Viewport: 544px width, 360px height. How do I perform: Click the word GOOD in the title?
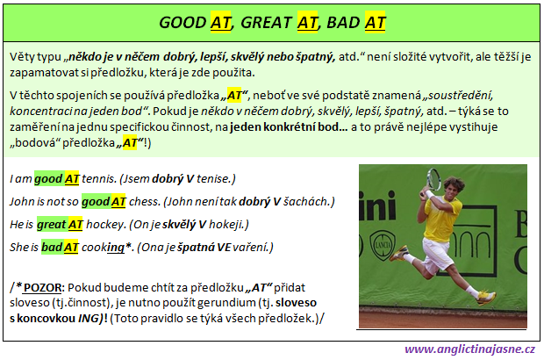(183, 23)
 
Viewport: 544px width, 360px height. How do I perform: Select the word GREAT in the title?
(266, 23)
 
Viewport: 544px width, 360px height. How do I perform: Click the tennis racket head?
(433, 179)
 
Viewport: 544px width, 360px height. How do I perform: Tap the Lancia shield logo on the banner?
(383, 246)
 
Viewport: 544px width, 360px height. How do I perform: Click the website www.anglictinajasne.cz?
(469, 349)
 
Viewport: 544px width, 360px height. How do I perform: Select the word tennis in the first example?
(98, 179)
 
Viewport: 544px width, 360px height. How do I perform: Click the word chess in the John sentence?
(144, 202)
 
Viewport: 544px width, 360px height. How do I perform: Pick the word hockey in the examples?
(105, 225)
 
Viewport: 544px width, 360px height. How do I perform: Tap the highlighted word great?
(52, 225)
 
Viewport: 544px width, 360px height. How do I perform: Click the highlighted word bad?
(52, 248)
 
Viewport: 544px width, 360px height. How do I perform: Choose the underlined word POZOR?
(42, 288)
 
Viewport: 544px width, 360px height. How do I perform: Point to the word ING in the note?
(89, 319)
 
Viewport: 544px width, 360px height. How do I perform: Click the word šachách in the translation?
(305, 202)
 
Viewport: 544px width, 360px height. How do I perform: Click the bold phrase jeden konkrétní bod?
(289, 127)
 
